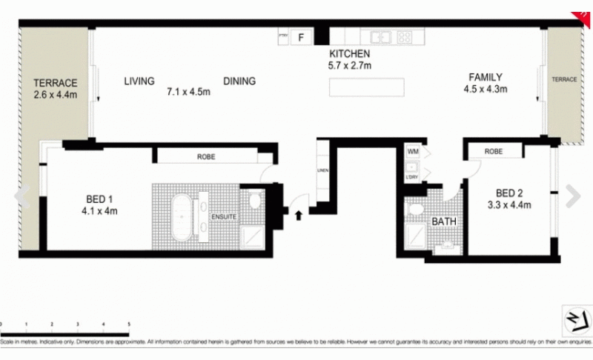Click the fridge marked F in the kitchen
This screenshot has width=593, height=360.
click(x=301, y=37)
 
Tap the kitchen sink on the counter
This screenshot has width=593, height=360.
click(x=382, y=36)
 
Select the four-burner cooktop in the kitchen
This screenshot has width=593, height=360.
click(x=404, y=36)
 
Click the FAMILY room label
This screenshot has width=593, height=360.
click(x=486, y=77)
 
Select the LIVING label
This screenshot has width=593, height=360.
click(x=139, y=81)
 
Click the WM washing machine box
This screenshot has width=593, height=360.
click(x=413, y=151)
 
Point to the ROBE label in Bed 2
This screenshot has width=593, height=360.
click(x=493, y=151)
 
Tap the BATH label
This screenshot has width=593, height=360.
click(x=443, y=221)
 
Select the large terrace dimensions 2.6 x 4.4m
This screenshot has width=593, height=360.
click(x=56, y=95)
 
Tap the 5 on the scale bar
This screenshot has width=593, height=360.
click(x=129, y=325)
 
